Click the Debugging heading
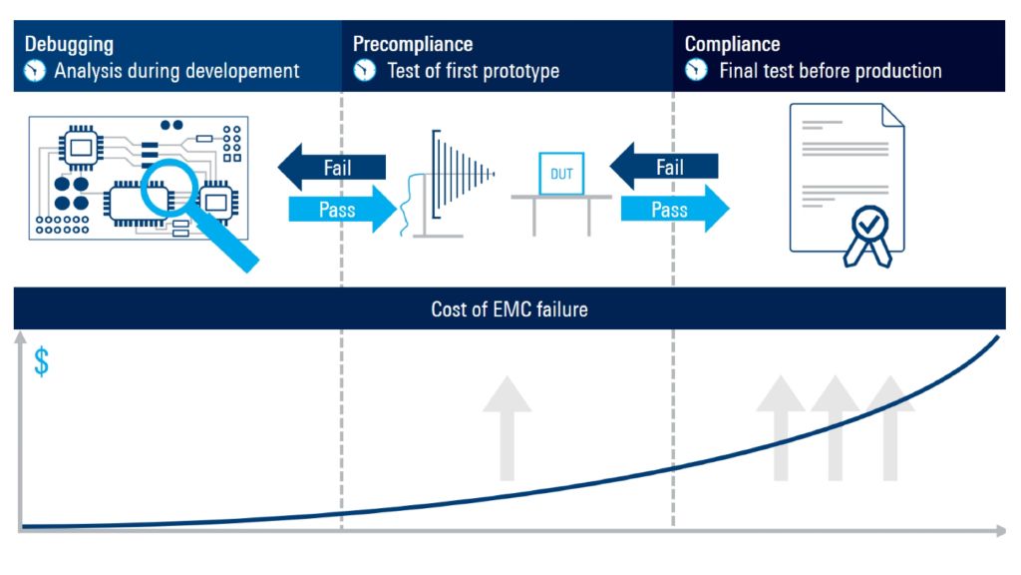[69, 45]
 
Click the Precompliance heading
[413, 45]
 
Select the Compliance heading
[732, 45]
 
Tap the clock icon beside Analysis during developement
[36, 71]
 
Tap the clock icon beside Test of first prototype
[365, 71]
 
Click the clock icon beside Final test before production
[697, 71]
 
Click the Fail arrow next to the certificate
[663, 167]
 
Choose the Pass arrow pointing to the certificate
[674, 210]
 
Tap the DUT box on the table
[562, 174]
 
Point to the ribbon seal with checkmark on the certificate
[862, 233]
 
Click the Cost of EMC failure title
[510, 309]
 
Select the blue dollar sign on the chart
[41, 362]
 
